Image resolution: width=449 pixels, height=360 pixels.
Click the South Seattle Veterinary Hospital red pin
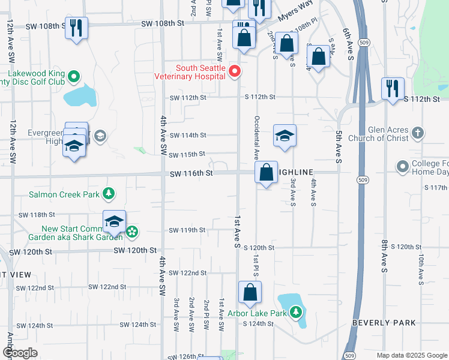click(235, 71)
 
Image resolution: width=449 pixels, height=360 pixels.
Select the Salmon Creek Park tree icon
click(109, 193)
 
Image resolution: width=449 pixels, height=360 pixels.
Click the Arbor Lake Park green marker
click(295, 312)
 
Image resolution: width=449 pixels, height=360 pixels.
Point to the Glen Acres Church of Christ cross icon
click(418, 132)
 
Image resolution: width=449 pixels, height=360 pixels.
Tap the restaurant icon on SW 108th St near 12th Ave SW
click(76, 28)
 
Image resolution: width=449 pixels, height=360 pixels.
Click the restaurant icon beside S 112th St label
click(393, 88)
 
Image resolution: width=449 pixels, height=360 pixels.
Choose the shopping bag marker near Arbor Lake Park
click(250, 292)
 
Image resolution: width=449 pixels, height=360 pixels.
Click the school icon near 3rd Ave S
click(285, 135)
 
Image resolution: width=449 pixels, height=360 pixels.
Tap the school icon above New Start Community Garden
click(114, 221)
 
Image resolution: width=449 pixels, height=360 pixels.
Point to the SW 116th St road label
click(191, 173)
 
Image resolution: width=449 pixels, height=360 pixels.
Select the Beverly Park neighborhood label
click(384, 323)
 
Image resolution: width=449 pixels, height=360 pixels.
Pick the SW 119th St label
click(187, 230)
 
